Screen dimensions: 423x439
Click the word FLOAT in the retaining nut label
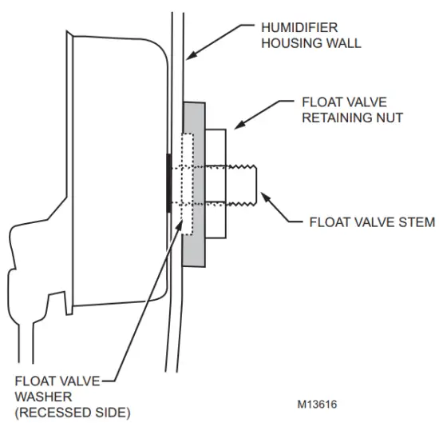[x=318, y=103]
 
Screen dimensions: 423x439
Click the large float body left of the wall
[x=112, y=176]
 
